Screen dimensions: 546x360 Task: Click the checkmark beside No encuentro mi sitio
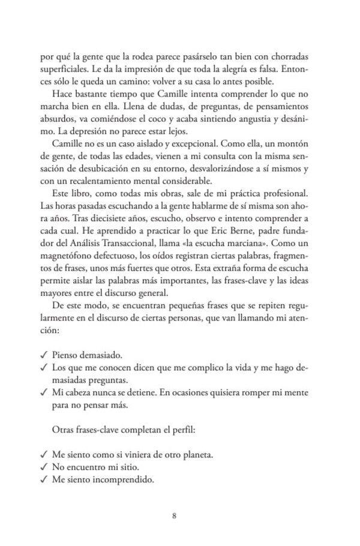(43, 466)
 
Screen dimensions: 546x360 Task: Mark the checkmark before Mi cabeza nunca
(43, 394)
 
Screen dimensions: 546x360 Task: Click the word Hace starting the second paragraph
(62, 89)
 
